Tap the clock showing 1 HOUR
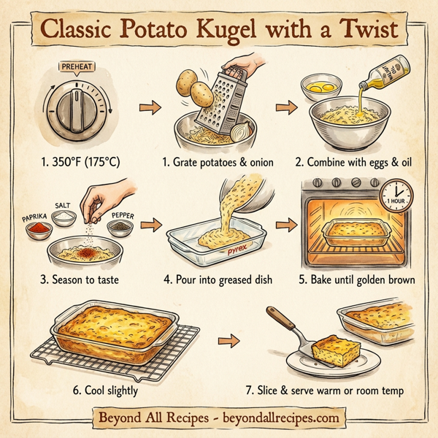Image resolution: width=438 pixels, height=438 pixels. (396, 193)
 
